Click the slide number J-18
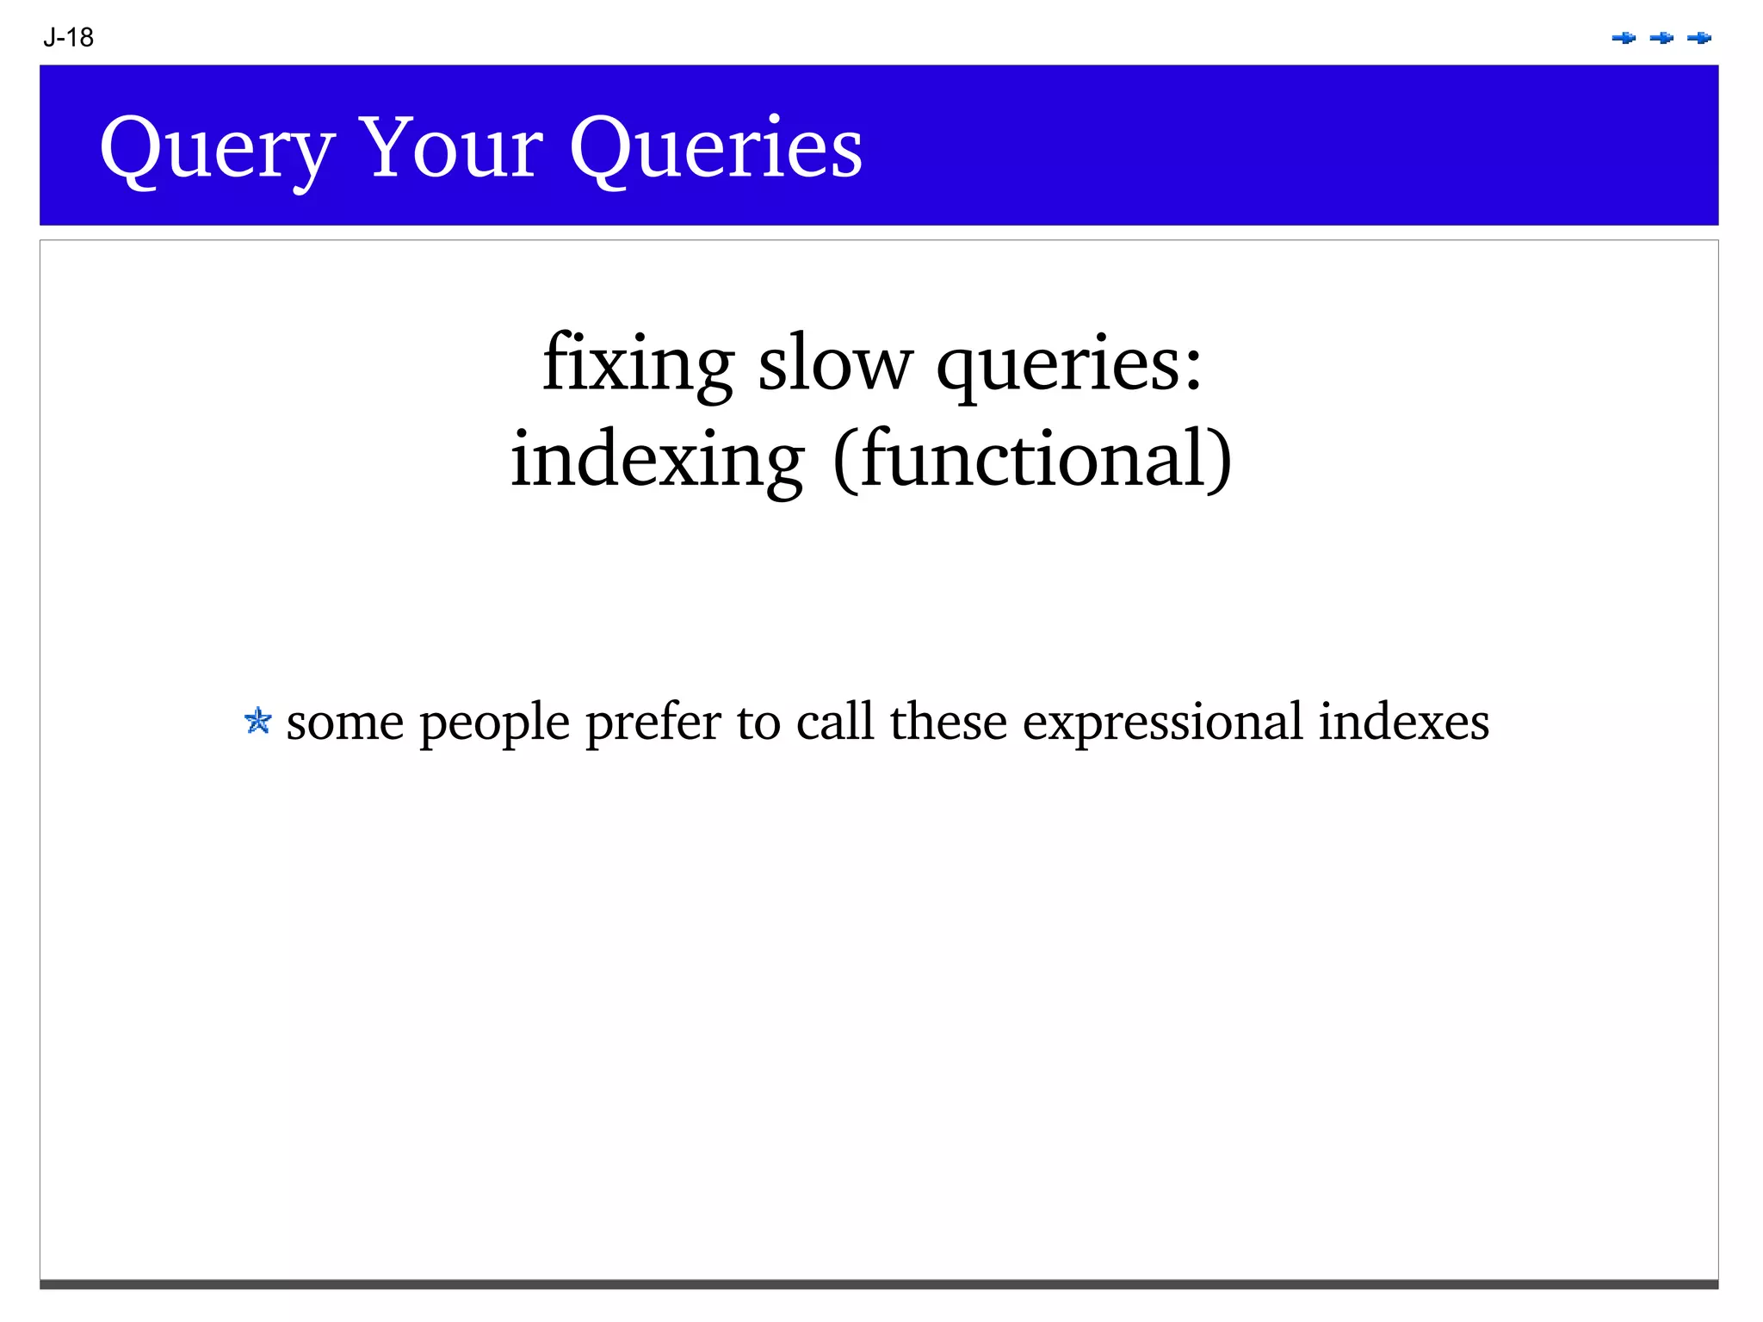(x=68, y=38)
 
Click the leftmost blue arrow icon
(x=1624, y=38)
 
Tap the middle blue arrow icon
(x=1661, y=38)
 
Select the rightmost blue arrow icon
(x=1699, y=38)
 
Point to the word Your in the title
(x=450, y=148)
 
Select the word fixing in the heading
(x=638, y=363)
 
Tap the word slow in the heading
(x=834, y=363)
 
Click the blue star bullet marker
(x=257, y=721)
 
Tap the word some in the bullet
(x=344, y=723)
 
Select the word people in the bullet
(x=494, y=723)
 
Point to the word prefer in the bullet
(x=653, y=723)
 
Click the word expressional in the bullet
(x=1162, y=723)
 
